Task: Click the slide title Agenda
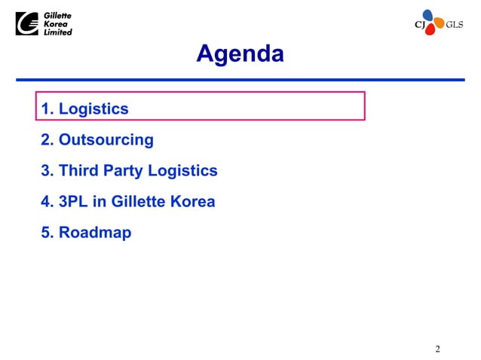pyautogui.click(x=240, y=54)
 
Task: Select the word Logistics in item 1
pyautogui.click(x=93, y=109)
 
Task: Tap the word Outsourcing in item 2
pyautogui.click(x=106, y=140)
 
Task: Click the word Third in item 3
pyautogui.click(x=78, y=171)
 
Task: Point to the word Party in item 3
pyautogui.click(x=123, y=171)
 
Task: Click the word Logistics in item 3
pyautogui.click(x=182, y=171)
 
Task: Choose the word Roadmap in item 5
pyautogui.click(x=95, y=233)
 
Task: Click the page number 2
pyautogui.click(x=437, y=349)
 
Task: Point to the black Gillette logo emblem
pyautogui.click(x=28, y=24)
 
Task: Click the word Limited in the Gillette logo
pyautogui.click(x=58, y=32)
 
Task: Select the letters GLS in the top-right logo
pyautogui.click(x=455, y=24)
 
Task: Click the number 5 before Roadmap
pyautogui.click(x=45, y=233)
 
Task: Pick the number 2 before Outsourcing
pyautogui.click(x=45, y=140)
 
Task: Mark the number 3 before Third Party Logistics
pyautogui.click(x=45, y=171)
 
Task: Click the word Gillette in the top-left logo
pyautogui.click(x=58, y=16)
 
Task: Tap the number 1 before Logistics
pyautogui.click(x=45, y=109)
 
